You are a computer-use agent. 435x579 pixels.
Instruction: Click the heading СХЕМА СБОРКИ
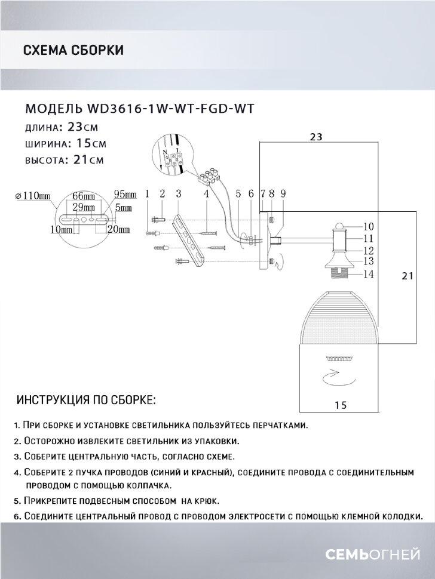click(73, 50)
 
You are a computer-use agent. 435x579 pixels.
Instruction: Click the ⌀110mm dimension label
click(33, 195)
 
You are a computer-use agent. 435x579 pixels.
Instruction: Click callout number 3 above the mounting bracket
click(178, 193)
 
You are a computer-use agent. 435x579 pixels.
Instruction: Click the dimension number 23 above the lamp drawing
click(316, 137)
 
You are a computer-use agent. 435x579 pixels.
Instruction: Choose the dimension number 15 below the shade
click(341, 405)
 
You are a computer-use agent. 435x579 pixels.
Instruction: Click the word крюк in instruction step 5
click(204, 501)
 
